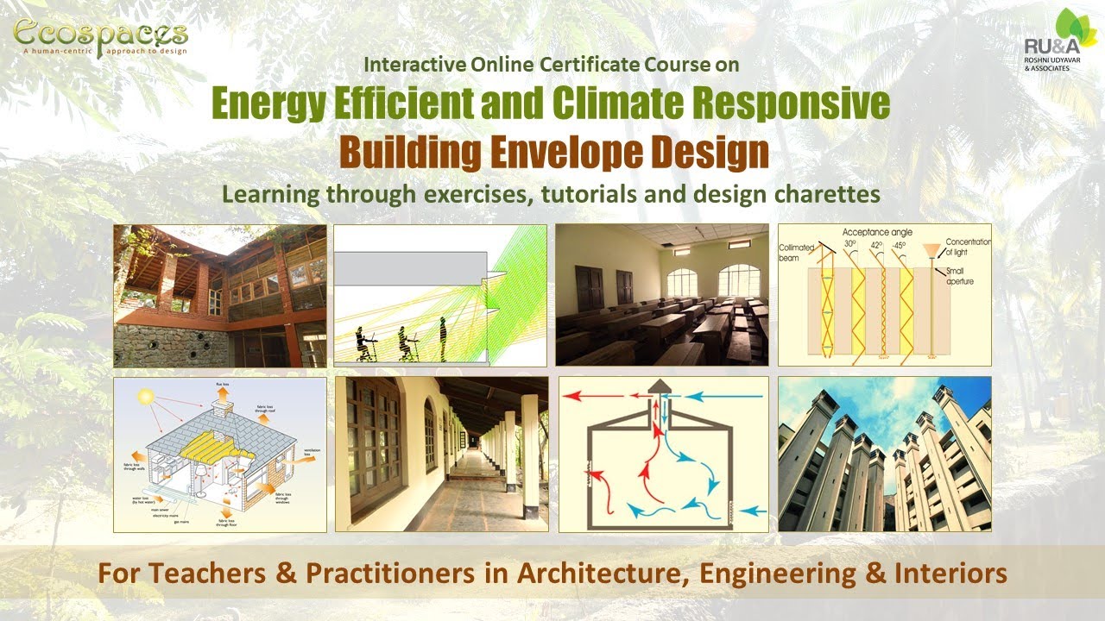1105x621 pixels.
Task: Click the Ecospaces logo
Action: [100, 37]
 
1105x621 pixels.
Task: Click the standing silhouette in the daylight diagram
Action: [444, 338]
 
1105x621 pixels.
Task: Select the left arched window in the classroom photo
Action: [682, 282]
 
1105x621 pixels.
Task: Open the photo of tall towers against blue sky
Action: [884, 454]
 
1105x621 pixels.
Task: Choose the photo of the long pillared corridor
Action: [441, 454]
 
